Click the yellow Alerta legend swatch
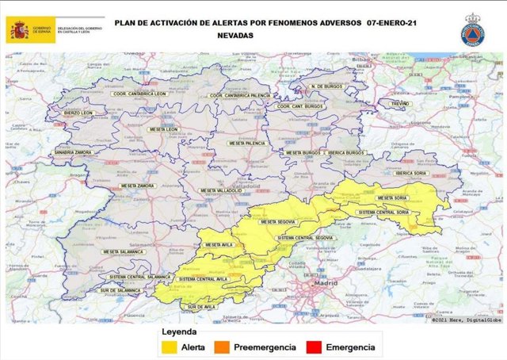(169, 347)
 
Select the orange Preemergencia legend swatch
(232, 347)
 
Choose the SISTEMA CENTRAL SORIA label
(383, 213)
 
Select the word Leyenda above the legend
(179, 332)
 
